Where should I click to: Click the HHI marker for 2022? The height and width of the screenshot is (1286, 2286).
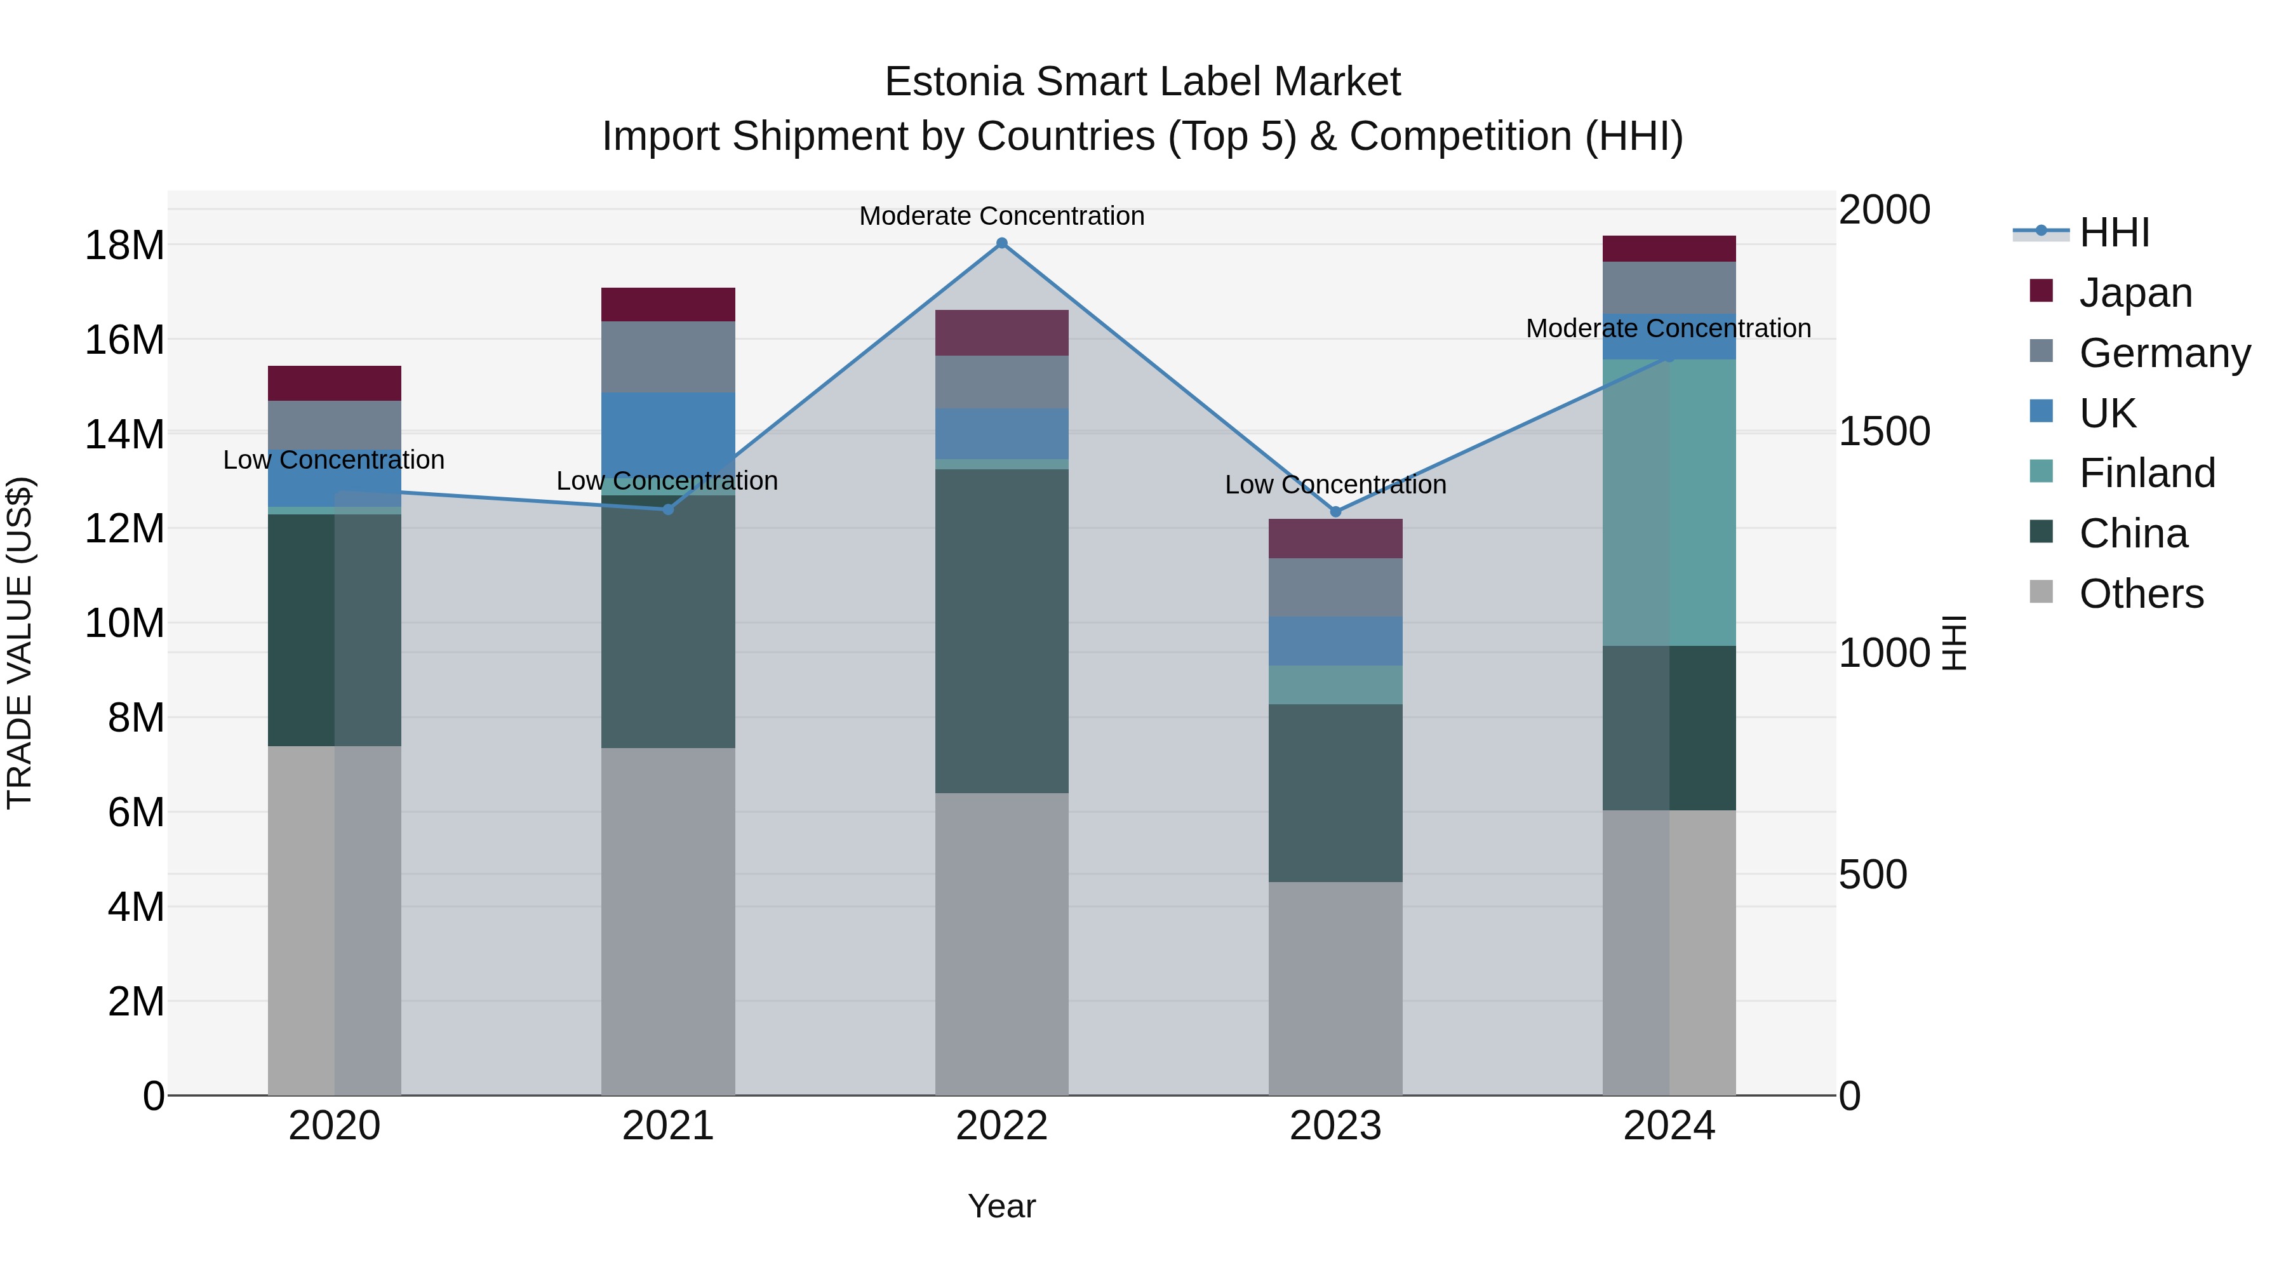tap(1002, 243)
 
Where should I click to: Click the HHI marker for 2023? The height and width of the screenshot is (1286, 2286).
tap(1335, 512)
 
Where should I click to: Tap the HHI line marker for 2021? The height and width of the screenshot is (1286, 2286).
tap(668, 509)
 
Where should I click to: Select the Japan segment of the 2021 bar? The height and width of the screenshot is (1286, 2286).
tap(668, 304)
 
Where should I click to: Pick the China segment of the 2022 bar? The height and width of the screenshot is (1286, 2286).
tap(1002, 631)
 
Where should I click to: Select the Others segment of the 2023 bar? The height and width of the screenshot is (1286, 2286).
tap(1335, 988)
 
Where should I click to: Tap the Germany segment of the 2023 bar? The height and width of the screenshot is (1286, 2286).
tap(1335, 587)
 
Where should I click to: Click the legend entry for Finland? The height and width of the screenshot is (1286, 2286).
tap(2146, 473)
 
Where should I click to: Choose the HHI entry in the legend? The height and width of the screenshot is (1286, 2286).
tap(2113, 232)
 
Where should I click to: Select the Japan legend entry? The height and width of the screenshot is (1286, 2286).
tap(2134, 292)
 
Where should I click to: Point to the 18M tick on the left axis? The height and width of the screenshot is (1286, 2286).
tap(124, 245)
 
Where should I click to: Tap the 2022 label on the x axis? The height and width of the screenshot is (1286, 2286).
tap(1002, 1126)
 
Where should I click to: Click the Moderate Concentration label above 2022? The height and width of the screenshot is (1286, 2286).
tap(1002, 216)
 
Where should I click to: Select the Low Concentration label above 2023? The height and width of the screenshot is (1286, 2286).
tap(1335, 485)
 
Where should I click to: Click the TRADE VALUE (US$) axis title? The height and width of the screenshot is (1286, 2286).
tap(20, 643)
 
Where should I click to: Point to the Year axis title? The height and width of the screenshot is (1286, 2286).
tap(1002, 1206)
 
